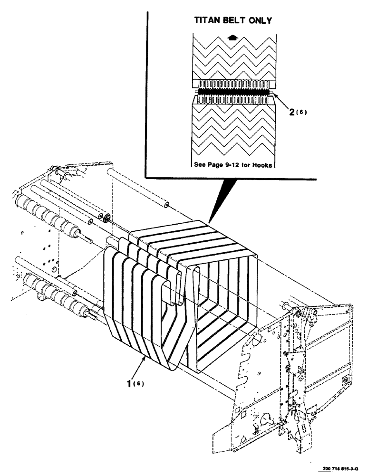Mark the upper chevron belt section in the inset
point(232,57)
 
